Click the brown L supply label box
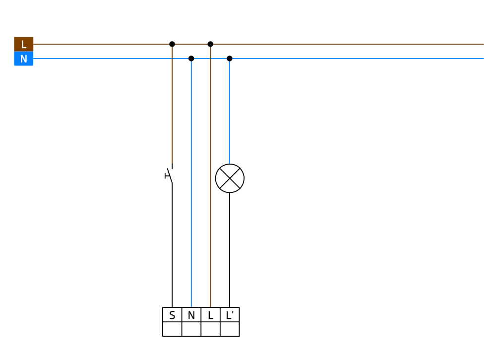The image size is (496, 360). (x=24, y=44)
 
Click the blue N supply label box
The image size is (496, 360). (x=24, y=59)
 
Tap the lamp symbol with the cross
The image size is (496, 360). (x=230, y=178)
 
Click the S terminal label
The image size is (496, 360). (x=172, y=315)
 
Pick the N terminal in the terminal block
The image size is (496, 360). (x=191, y=315)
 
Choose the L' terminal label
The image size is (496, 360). (x=230, y=315)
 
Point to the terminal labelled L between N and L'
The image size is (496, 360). (x=210, y=315)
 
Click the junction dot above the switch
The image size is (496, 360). (x=172, y=44)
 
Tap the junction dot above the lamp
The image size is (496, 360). (x=230, y=59)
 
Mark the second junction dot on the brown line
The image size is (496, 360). (x=210, y=44)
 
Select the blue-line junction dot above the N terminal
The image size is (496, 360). (x=191, y=59)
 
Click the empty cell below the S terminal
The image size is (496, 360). (x=172, y=329)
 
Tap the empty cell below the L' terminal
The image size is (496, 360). (x=230, y=329)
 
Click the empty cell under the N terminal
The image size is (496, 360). (x=191, y=329)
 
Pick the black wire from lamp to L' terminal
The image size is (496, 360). (x=230, y=250)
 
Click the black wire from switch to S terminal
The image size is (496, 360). (x=172, y=247)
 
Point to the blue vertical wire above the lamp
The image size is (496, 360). (x=230, y=111)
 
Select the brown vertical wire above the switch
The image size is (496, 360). (x=172, y=104)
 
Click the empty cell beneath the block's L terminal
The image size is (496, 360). (x=210, y=329)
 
